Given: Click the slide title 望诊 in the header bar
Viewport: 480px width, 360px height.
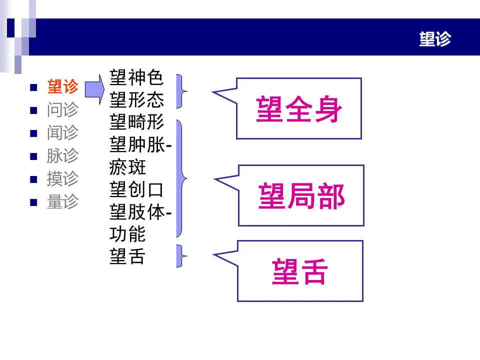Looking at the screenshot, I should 435,39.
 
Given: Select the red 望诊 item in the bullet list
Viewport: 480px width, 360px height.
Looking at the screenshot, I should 62,87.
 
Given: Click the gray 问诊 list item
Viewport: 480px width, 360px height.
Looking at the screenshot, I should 62,110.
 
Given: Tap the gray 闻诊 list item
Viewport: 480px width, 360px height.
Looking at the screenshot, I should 62,133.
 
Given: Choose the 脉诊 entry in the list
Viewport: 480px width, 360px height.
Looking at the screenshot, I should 62,155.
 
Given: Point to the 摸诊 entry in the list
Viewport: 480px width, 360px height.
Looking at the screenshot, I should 62,178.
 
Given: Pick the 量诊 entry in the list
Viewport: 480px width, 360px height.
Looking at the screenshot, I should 62,201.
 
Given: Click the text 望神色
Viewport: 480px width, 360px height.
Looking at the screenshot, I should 136,78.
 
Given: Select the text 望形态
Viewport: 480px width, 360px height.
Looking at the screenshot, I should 136,100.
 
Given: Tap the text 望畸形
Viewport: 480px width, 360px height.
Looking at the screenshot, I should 136,122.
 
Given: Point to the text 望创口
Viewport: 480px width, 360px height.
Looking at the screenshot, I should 136,190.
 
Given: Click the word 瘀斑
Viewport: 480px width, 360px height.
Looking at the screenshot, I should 127,167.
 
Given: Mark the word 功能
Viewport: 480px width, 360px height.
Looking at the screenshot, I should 127,234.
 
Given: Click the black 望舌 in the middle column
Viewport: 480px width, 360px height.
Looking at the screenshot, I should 127,257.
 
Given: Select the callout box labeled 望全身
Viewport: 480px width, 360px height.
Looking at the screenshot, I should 298,108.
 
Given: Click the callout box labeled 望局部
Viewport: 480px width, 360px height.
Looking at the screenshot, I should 301,195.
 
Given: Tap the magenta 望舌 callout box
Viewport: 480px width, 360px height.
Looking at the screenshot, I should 299,271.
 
